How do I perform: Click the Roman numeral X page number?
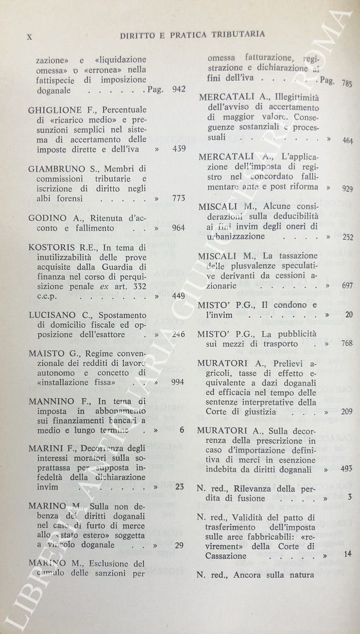[30, 36]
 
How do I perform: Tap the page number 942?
[178, 89]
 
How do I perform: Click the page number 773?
[178, 198]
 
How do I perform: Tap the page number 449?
[178, 296]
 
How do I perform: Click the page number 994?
[177, 382]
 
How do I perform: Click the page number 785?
[347, 83]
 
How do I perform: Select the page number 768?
[347, 343]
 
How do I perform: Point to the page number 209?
[347, 412]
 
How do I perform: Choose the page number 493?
[347, 469]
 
